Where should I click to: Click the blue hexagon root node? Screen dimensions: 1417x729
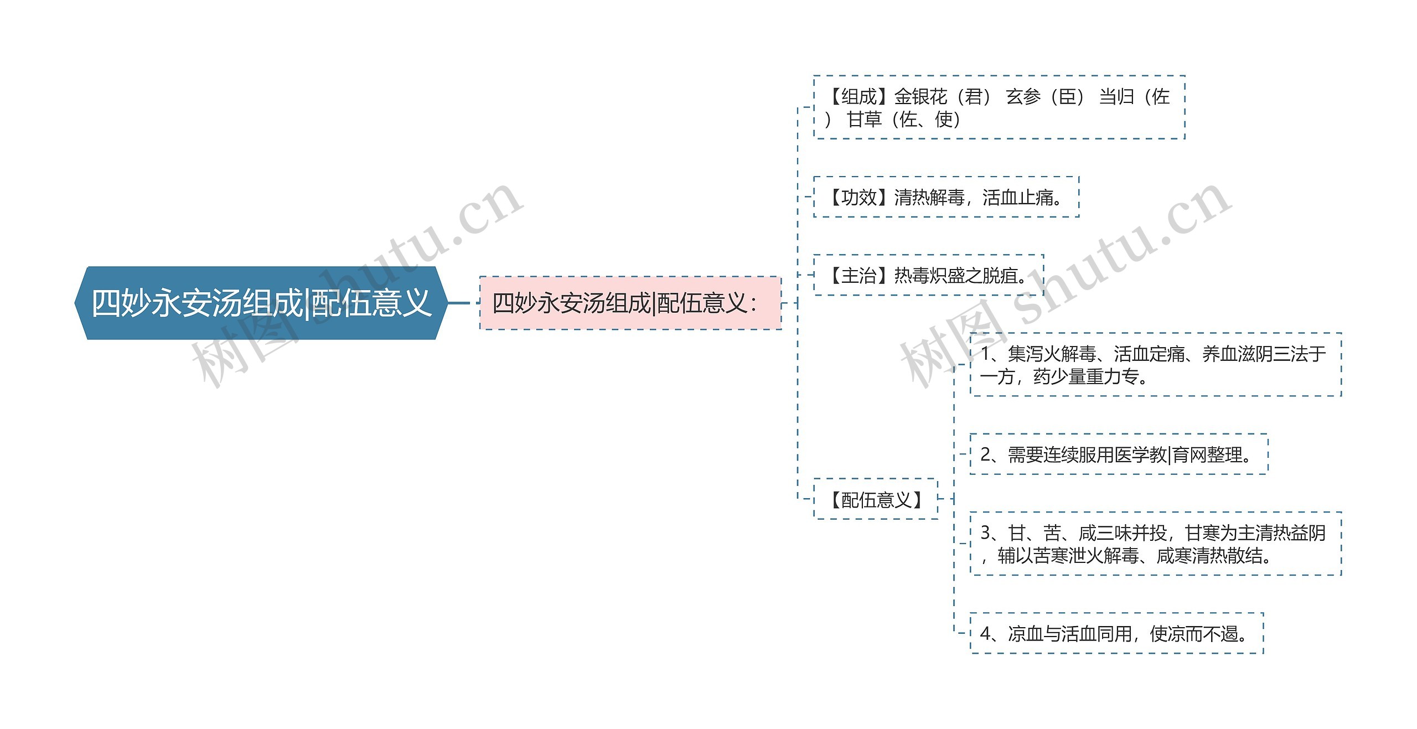click(x=261, y=303)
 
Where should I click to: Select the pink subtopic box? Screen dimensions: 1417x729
click(x=630, y=303)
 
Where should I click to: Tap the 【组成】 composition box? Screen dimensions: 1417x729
click(x=999, y=107)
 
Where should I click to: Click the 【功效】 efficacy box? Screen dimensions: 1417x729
click(x=945, y=197)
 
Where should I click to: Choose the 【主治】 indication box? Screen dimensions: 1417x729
click(x=928, y=275)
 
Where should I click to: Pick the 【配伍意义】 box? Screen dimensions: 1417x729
click(x=876, y=499)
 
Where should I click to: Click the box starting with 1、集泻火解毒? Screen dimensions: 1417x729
click(x=1155, y=365)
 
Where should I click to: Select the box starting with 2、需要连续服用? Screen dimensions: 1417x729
click(x=1119, y=454)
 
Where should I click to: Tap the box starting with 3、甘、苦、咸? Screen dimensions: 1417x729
click(x=1155, y=544)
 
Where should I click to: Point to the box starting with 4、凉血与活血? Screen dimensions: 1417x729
click(x=1116, y=633)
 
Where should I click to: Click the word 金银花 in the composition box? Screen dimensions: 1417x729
click(x=920, y=97)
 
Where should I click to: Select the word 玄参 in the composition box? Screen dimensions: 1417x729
click(x=1023, y=97)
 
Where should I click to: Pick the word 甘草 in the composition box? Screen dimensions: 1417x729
click(x=864, y=119)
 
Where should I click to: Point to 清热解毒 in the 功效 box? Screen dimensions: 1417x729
click(x=929, y=197)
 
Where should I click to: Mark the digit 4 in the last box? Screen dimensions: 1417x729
click(x=985, y=633)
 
